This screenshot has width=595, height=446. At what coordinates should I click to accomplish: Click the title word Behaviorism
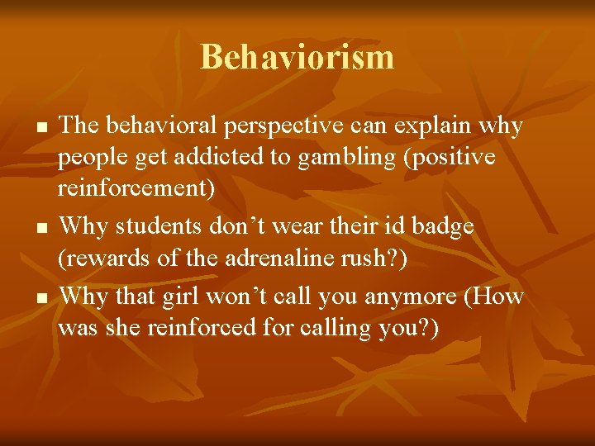pyautogui.click(x=297, y=57)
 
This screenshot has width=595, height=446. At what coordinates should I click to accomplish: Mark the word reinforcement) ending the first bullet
pyautogui.click(x=136, y=189)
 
